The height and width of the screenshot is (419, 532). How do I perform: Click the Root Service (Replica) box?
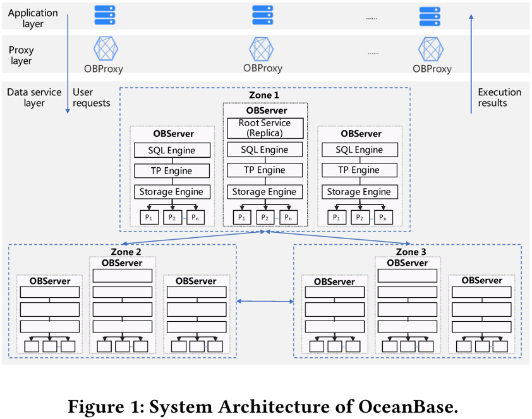[x=265, y=128]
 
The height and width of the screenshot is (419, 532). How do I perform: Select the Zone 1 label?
[x=264, y=95]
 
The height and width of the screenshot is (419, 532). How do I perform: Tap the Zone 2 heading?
[x=126, y=252]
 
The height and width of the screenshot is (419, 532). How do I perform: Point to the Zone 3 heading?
[x=411, y=252]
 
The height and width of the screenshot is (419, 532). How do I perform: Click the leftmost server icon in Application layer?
[x=105, y=15]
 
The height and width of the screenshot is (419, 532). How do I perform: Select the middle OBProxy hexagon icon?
[x=261, y=49]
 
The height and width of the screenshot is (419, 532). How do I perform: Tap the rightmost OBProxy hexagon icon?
[x=431, y=49]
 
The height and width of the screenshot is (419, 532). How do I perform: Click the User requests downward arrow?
[x=68, y=64]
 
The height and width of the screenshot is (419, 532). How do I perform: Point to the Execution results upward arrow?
[x=471, y=64]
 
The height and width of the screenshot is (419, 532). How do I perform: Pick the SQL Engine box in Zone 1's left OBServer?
[x=172, y=150]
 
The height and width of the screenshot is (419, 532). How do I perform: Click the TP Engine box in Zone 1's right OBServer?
[x=360, y=170]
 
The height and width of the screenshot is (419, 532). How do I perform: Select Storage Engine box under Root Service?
[x=265, y=192]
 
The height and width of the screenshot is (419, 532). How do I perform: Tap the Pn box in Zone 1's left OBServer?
[x=195, y=218]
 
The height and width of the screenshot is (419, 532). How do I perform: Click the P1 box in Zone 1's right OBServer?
[x=337, y=218]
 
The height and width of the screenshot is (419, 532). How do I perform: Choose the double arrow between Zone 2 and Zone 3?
[x=265, y=301]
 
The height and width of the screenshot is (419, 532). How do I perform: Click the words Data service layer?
[x=34, y=98]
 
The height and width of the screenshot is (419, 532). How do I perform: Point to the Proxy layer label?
[x=21, y=55]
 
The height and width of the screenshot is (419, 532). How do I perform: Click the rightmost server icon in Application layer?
[x=430, y=16]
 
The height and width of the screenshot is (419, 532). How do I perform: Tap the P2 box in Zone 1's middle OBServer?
[x=265, y=218]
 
